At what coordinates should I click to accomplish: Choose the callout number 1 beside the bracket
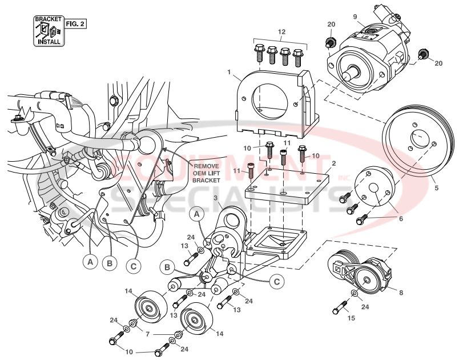point(229,73)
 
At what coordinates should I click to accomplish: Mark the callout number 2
point(334,163)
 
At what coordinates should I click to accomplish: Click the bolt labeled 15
point(341,308)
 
